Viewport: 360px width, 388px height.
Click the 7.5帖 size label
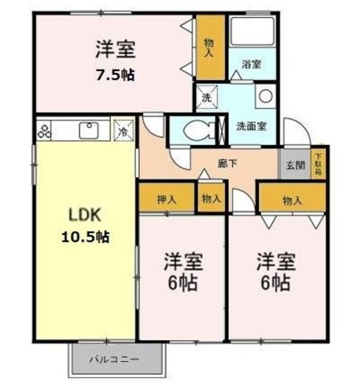[115, 75]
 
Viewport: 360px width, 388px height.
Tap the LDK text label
[85, 215]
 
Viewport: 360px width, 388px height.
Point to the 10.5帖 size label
[85, 237]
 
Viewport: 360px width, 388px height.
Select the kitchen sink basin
[88, 130]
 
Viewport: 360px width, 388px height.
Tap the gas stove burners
[44, 131]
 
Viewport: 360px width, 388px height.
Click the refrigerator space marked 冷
[124, 130]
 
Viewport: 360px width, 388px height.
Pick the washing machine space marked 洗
[207, 98]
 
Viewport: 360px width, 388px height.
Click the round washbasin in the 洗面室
[266, 96]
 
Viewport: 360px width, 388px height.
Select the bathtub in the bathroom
[252, 31]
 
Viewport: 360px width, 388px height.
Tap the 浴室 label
[251, 64]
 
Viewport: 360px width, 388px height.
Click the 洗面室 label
[251, 127]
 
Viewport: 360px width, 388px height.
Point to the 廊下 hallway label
[227, 163]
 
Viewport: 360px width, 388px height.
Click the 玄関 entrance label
[295, 165]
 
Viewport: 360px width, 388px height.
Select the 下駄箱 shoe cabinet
[319, 164]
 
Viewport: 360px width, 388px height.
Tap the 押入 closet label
[167, 199]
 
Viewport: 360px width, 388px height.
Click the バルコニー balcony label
[115, 359]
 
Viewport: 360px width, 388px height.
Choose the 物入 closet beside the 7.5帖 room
[210, 47]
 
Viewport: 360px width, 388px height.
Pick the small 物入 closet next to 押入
[212, 198]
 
